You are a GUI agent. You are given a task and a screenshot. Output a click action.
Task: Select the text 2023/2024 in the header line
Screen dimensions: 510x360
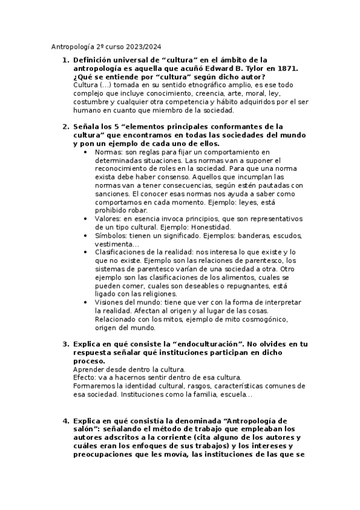(144, 47)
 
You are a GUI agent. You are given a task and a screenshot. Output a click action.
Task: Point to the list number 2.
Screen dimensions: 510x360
(65, 127)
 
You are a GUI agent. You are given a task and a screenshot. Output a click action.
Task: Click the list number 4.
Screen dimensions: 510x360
(65, 420)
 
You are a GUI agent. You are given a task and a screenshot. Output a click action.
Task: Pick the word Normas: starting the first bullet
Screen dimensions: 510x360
(108, 153)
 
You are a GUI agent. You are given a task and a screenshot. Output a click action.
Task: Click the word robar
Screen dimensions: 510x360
(136, 211)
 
